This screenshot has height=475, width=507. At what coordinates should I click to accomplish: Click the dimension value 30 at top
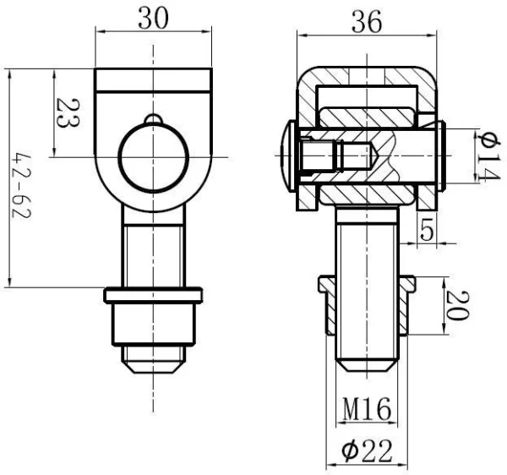(152, 19)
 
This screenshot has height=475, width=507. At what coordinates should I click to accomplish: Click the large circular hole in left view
(152, 158)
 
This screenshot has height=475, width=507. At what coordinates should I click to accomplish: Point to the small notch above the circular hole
(152, 118)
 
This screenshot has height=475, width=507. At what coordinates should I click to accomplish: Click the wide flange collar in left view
(153, 295)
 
